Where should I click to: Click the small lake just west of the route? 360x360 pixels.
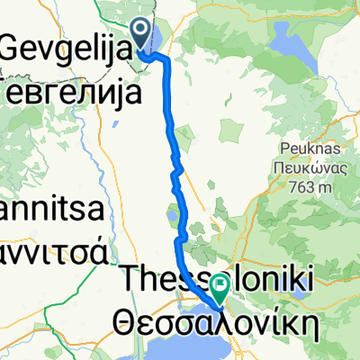[172, 217]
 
